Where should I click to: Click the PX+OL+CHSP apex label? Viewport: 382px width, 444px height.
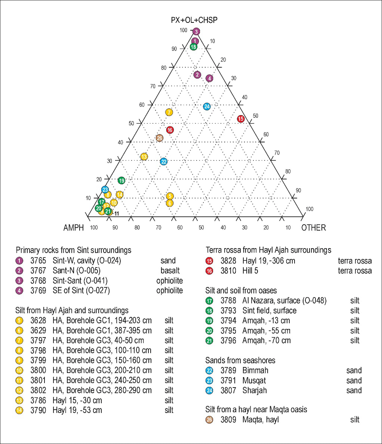[194, 20]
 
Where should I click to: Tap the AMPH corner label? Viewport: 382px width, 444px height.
[74, 228]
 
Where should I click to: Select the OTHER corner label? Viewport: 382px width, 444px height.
[314, 228]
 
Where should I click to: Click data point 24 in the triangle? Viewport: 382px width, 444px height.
[207, 107]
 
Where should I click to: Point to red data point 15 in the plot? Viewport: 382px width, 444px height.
[241, 119]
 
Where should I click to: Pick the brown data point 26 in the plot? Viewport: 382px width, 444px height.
[160, 138]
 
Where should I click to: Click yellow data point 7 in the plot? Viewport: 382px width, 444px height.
[169, 112]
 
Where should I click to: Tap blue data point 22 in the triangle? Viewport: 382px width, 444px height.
[164, 161]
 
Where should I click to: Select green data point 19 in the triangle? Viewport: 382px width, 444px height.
[121, 181]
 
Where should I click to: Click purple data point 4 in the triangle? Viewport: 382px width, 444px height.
[209, 78]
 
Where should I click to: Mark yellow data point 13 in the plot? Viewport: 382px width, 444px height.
[144, 157]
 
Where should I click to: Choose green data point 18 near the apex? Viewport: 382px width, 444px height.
[193, 47]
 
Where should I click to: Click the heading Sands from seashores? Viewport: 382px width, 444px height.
[240, 360]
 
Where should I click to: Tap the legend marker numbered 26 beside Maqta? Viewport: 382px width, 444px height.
[209, 420]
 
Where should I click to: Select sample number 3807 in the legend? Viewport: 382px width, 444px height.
[228, 391]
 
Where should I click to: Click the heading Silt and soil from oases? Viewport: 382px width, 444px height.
[241, 290]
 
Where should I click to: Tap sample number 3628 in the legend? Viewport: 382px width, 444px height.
[38, 321]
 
